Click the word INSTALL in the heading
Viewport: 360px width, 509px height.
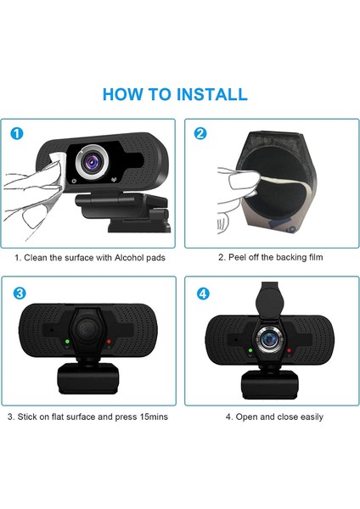[212, 94]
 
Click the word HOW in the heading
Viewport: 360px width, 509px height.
[123, 94]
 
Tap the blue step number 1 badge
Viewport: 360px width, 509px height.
[17, 133]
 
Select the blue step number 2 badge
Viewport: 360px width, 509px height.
[200, 133]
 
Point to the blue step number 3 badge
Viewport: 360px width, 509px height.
[20, 294]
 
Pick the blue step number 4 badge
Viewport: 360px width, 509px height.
[203, 294]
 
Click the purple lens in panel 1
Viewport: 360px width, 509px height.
[92, 161]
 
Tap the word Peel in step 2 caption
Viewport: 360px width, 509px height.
[237, 257]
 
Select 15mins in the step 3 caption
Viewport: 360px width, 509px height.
[154, 417]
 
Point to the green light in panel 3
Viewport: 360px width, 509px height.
[67, 342]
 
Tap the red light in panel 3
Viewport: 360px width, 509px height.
[109, 342]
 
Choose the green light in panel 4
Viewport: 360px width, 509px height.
[250, 350]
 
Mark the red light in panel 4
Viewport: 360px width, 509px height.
[289, 350]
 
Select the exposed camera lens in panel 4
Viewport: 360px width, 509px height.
[269, 339]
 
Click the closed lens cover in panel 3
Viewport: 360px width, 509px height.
[87, 331]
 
